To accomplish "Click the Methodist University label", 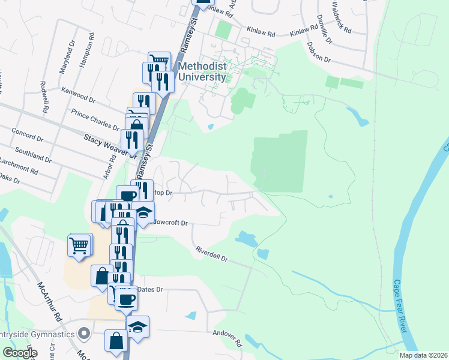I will click(x=201, y=71).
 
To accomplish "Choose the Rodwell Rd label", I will click(x=44, y=97).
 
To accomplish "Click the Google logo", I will click(x=20, y=353).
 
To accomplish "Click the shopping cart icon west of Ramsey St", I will click(x=79, y=245).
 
